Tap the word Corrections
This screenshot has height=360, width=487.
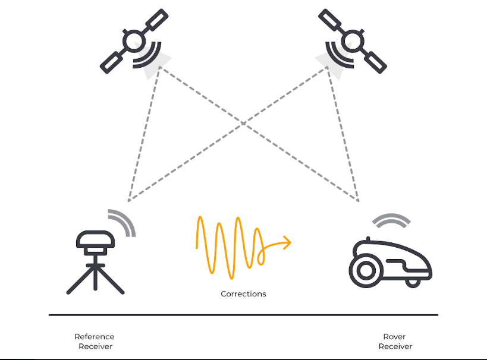coord(243,293)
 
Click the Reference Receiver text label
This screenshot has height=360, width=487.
coord(95,342)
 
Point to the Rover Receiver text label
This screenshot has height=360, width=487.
coord(395,342)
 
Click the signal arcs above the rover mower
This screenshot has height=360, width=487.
coord(391,220)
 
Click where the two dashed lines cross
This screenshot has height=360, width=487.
coord(244,124)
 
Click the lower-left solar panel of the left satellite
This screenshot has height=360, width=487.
coord(111,61)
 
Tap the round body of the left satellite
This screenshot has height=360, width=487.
coord(131,41)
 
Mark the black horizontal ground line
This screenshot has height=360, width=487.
coord(243,315)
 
